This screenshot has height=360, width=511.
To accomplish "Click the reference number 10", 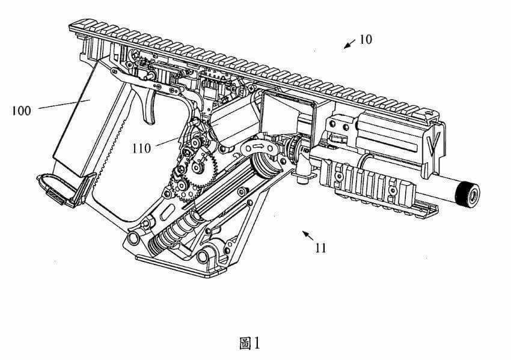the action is pos(366,40).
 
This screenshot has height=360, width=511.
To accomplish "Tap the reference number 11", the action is pos(320,248).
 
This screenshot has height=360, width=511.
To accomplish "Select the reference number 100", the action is pos(21,111).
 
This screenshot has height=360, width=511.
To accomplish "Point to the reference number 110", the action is pos(141,148).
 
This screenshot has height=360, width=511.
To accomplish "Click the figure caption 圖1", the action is pos(249,343).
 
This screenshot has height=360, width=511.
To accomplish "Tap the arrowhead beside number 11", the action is pos(305,234).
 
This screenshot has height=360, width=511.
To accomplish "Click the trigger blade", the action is pos(148,108).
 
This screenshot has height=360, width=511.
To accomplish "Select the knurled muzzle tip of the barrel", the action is pos(468,195).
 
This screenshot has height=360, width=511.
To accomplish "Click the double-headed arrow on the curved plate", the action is pos(260,146).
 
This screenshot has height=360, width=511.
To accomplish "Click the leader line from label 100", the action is pos(64,105).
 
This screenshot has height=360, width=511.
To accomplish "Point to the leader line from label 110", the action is pos(167,142).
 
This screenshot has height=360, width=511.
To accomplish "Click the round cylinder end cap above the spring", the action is pos(266,165).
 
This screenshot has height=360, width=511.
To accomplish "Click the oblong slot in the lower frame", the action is pos(167,212).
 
